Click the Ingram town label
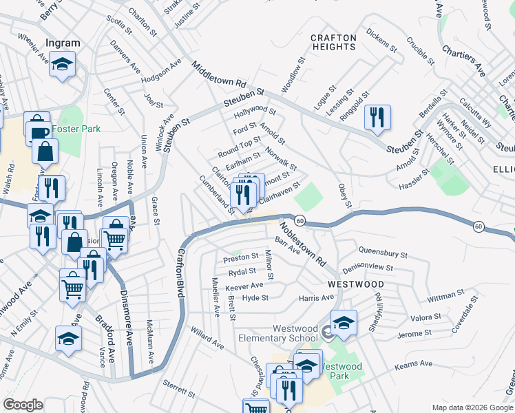tap(63, 43)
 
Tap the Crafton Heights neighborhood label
tap(333, 42)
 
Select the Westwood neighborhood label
tap(355, 284)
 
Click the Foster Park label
tap(80, 129)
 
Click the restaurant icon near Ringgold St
tap(377, 118)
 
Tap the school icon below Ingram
tap(63, 65)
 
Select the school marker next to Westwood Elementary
tap(343, 322)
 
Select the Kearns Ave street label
tap(414, 363)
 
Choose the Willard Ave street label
tap(207, 337)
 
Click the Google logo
tap(23, 405)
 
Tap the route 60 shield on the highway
tap(300, 220)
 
